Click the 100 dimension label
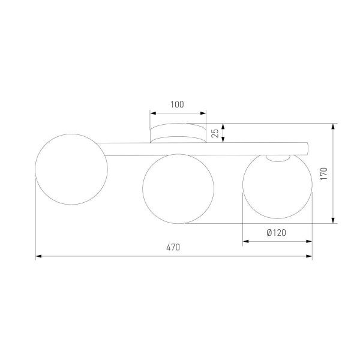click(x=177, y=104)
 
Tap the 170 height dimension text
click(x=323, y=173)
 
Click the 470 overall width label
click(x=173, y=247)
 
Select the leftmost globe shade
click(x=71, y=170)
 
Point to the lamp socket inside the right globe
click(x=277, y=158)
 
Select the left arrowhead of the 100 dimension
click(x=152, y=113)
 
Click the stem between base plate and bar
click(x=177, y=140)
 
